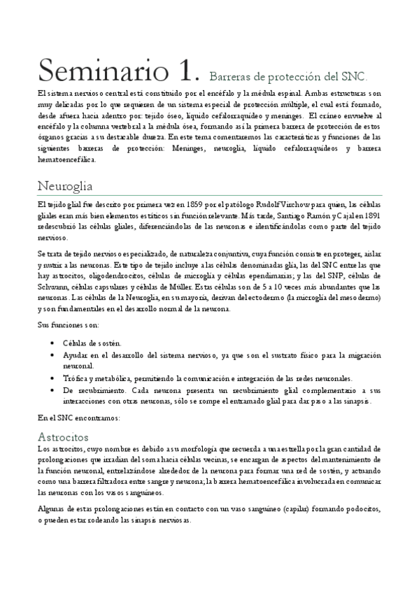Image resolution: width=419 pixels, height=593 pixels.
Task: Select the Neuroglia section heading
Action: click(x=65, y=187)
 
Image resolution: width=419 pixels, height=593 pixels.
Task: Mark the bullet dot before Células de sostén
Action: click(x=55, y=343)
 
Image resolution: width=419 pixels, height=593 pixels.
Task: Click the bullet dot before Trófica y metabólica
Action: click(x=55, y=378)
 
